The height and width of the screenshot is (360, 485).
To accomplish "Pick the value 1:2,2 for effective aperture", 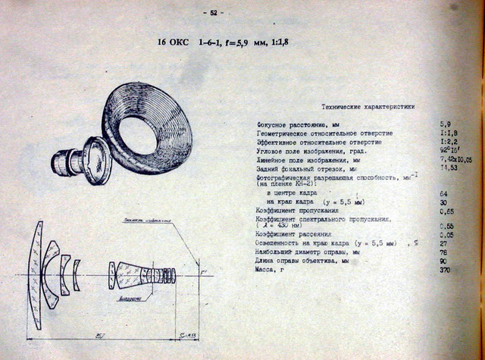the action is (x=447, y=142).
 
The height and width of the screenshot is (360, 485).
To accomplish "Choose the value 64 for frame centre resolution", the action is (x=443, y=194).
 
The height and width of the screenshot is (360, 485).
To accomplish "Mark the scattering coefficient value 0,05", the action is (x=446, y=235).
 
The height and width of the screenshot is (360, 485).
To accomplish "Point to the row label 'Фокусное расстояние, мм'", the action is (x=292, y=124).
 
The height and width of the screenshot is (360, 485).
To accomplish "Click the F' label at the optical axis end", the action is (x=203, y=268).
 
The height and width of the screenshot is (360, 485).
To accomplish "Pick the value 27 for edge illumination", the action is (x=443, y=243).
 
